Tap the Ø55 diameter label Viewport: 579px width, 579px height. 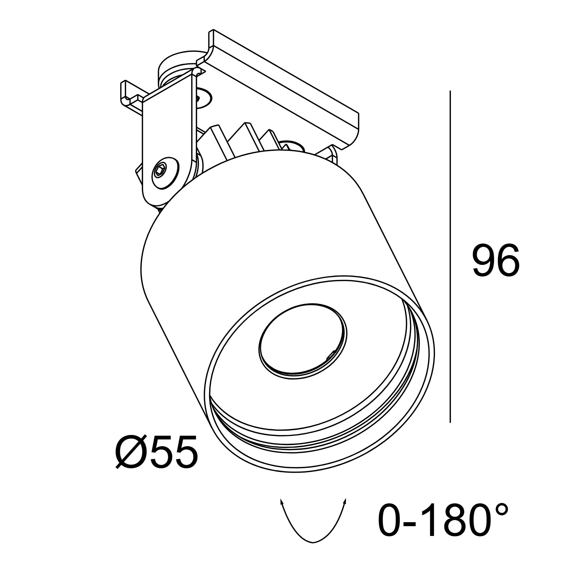pos(157,451)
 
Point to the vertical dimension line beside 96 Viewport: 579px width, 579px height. pos(450,257)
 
